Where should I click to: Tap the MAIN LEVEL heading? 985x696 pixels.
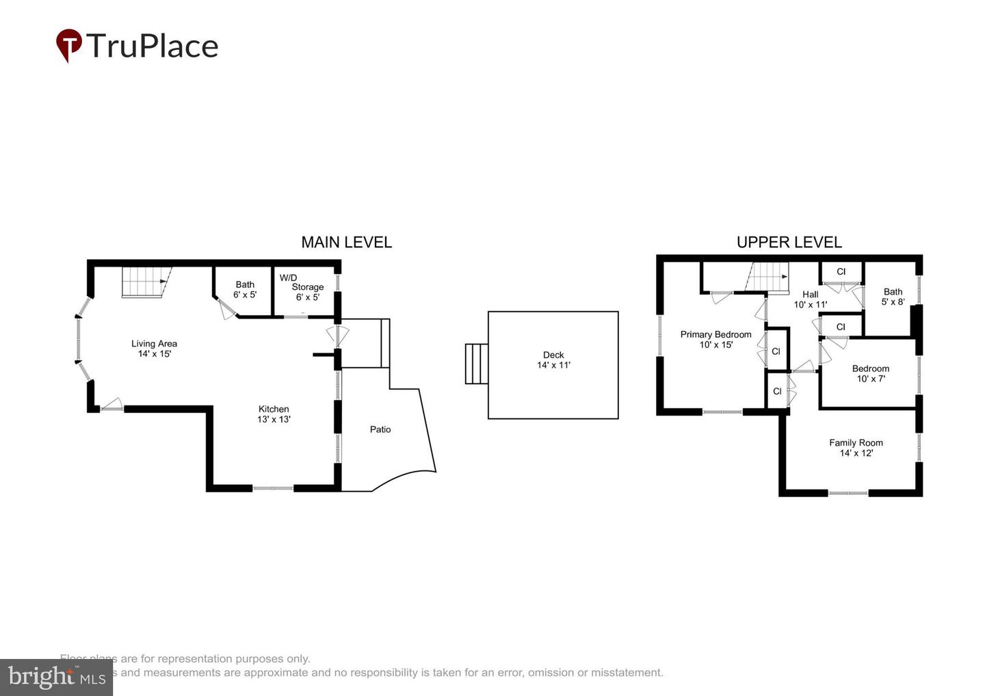coord(346,242)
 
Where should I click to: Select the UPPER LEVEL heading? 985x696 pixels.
coord(789,242)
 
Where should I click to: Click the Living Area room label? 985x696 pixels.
coord(154,349)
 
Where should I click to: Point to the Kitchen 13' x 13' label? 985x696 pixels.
coord(274,414)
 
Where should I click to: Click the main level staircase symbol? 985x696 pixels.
coord(145,282)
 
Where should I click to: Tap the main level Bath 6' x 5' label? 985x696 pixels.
coord(245,289)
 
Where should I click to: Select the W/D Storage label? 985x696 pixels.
coord(302,287)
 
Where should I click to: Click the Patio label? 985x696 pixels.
coord(380,429)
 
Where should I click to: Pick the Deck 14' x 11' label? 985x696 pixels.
coord(553,360)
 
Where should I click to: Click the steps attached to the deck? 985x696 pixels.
coord(477,364)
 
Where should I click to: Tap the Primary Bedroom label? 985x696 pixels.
coord(715,339)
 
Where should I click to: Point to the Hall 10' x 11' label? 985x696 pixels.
coord(810,299)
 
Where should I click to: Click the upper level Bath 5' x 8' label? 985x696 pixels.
coord(893,296)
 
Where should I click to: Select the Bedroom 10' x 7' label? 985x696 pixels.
coord(870,373)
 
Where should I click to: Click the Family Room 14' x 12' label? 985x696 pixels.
coord(856,448)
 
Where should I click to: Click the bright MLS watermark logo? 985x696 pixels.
coord(56,677)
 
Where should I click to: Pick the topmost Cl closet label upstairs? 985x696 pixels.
coord(841,271)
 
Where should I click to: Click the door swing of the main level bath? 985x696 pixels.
coord(226,310)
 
